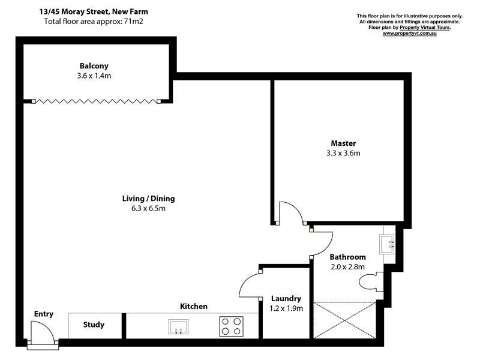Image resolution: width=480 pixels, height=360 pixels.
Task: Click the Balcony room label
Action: point(94,66)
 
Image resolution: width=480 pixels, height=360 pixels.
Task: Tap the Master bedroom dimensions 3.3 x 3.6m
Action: point(343,153)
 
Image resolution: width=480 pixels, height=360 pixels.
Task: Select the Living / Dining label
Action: point(149,199)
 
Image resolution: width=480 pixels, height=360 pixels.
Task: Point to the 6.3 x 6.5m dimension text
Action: point(149,209)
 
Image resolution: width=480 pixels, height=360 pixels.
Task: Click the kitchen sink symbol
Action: point(178,326)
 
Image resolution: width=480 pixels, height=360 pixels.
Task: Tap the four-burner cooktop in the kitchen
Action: point(231,326)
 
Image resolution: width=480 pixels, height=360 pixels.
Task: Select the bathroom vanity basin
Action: point(387,243)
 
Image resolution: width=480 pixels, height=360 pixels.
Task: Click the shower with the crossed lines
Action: point(344,320)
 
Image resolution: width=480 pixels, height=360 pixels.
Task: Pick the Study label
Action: point(94,325)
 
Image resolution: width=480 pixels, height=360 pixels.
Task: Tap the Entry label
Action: point(43,314)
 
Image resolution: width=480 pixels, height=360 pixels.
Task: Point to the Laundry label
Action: point(286,298)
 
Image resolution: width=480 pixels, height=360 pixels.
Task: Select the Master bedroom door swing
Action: point(290,213)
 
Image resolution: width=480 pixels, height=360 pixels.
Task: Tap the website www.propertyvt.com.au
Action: point(409,34)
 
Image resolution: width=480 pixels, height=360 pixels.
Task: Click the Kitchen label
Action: point(194,307)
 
